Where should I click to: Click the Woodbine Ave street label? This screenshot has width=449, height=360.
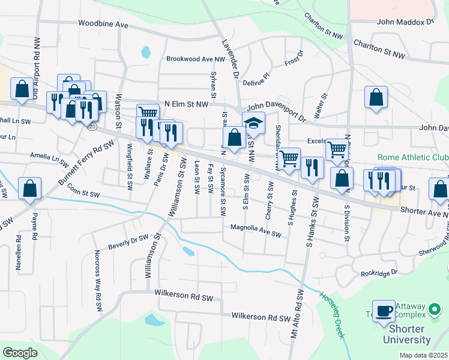[104, 25]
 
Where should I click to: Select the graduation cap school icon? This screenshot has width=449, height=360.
[254, 122]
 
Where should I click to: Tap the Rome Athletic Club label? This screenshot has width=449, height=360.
[412, 158]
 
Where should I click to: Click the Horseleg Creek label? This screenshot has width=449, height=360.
[334, 314]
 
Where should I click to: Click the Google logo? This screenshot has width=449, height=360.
[20, 352]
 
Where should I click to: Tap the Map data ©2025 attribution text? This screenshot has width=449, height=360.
[423, 355]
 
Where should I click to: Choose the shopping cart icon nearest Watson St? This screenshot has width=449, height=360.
[147, 113]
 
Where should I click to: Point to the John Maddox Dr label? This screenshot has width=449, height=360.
[405, 22]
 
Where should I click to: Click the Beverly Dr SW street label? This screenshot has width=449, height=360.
[128, 242]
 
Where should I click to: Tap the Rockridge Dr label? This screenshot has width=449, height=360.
[379, 273]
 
